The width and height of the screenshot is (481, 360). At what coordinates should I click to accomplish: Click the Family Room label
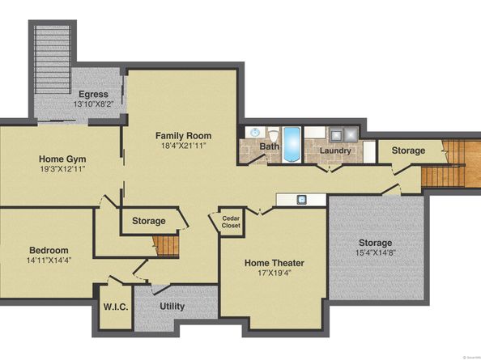click(x=184, y=135)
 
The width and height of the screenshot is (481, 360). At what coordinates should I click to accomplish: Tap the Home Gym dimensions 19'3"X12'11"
click(x=62, y=169)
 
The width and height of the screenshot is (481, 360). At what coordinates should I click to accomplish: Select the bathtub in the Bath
click(x=292, y=145)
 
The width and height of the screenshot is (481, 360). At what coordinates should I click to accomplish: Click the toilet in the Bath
click(x=273, y=135)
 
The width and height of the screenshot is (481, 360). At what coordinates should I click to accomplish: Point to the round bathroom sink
click(x=254, y=133)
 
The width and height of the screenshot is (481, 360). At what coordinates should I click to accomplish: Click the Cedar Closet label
click(x=231, y=222)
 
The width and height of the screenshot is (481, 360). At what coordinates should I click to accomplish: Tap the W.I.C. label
click(x=116, y=307)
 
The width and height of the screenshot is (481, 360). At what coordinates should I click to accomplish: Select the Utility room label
click(x=172, y=306)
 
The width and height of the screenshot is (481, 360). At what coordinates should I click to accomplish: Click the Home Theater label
click(x=275, y=263)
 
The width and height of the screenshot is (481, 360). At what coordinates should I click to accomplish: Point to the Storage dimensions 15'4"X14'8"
click(x=376, y=252)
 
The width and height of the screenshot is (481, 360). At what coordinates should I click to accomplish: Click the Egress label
click(x=94, y=94)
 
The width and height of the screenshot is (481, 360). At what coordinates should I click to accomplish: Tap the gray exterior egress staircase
click(x=52, y=59)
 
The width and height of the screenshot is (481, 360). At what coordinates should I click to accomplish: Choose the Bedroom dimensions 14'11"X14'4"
click(x=49, y=260)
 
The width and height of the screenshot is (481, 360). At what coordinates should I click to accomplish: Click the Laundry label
click(x=335, y=150)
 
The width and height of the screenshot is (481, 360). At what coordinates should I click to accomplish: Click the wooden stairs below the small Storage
click(x=166, y=246)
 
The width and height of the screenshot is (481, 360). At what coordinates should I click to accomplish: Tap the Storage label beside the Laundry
click(x=408, y=150)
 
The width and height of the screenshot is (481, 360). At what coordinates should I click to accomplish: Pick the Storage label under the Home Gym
click(x=149, y=221)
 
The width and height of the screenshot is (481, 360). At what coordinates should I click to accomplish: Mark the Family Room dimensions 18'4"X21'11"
click(x=184, y=146)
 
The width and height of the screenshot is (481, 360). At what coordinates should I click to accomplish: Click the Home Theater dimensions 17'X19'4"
click(x=275, y=273)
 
